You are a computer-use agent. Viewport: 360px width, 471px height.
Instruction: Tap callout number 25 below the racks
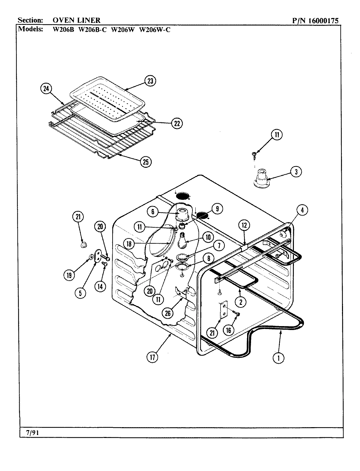pos(146,162)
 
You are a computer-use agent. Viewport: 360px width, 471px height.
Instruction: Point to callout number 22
pos(176,123)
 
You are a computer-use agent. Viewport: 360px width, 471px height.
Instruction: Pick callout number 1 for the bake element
pos(279,358)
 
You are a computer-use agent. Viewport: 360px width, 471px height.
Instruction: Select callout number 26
pos(168,313)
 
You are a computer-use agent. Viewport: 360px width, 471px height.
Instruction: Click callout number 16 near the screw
pos(228,330)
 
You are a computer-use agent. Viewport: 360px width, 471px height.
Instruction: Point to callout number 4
pos(302,210)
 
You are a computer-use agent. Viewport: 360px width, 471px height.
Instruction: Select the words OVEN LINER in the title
pos(77,21)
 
